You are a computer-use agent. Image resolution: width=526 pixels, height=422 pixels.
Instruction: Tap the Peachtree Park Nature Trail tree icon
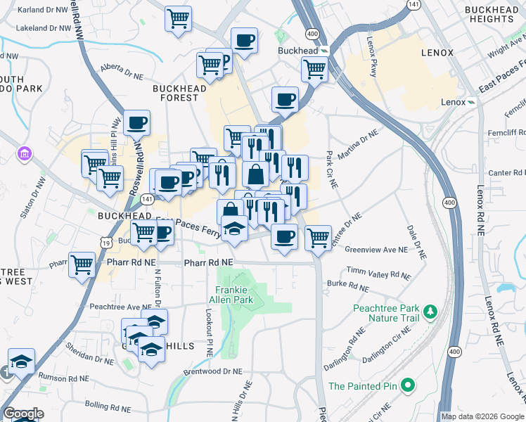[428, 310]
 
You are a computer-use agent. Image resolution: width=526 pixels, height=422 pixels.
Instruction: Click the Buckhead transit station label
[297, 51]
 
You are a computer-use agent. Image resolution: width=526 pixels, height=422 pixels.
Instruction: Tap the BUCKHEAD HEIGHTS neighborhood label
[494, 15]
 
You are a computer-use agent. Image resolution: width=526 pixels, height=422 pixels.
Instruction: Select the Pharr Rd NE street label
[208, 263]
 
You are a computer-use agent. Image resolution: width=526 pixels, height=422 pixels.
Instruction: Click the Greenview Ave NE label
[376, 249]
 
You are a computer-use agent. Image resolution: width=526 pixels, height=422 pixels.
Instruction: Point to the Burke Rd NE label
[347, 286]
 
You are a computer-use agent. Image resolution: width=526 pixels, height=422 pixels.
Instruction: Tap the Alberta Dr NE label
[120, 68]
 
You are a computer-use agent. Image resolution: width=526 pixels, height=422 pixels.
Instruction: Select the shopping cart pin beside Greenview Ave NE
[318, 238]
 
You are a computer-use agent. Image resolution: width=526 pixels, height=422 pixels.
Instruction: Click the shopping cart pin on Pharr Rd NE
[82, 264]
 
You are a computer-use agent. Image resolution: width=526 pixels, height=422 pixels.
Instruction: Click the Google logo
[23, 414]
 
